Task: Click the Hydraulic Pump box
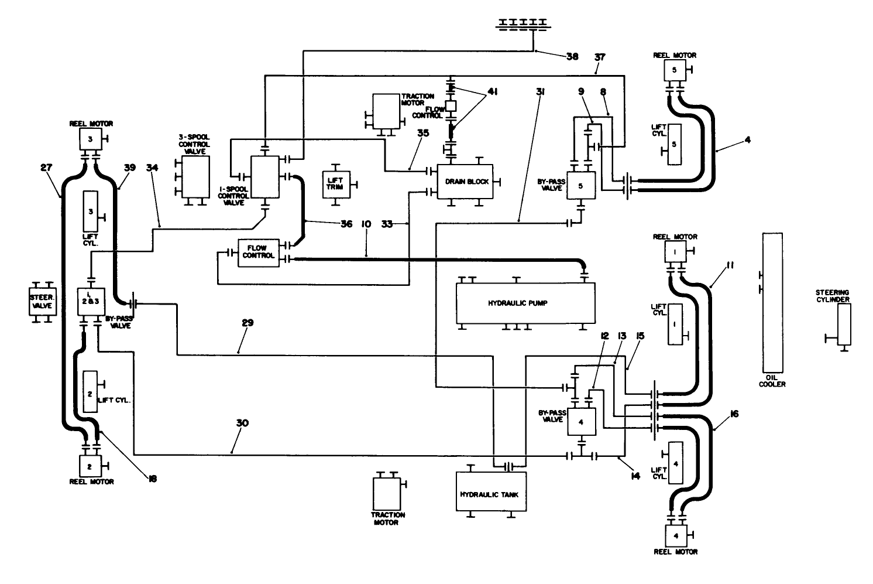pyautogui.click(x=525, y=303)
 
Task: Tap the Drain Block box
pyautogui.click(x=466, y=181)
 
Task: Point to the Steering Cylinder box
pyautogui.click(x=843, y=325)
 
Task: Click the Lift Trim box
pyautogui.click(x=335, y=185)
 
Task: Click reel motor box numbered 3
pyautogui.click(x=90, y=139)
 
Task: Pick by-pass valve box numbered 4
pyautogui.click(x=580, y=421)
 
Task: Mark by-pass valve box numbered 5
pyautogui.click(x=580, y=186)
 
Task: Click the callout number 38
pyautogui.click(x=572, y=57)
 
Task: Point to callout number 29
pyautogui.click(x=246, y=340)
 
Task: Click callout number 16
pyautogui.click(x=734, y=414)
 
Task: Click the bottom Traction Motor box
pyautogui.click(x=387, y=493)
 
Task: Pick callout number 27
pyautogui.click(x=47, y=168)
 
